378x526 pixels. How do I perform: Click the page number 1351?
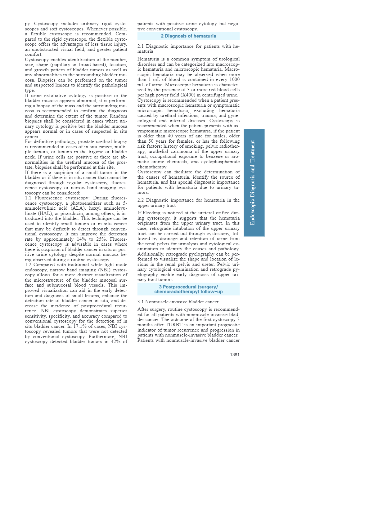235,354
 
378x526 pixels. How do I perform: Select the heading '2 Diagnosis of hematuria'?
188,36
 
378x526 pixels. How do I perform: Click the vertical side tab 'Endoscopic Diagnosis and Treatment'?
254,182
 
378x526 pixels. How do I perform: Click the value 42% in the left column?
115,341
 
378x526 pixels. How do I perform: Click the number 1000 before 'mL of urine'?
234,80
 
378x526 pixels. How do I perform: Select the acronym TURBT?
174,325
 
